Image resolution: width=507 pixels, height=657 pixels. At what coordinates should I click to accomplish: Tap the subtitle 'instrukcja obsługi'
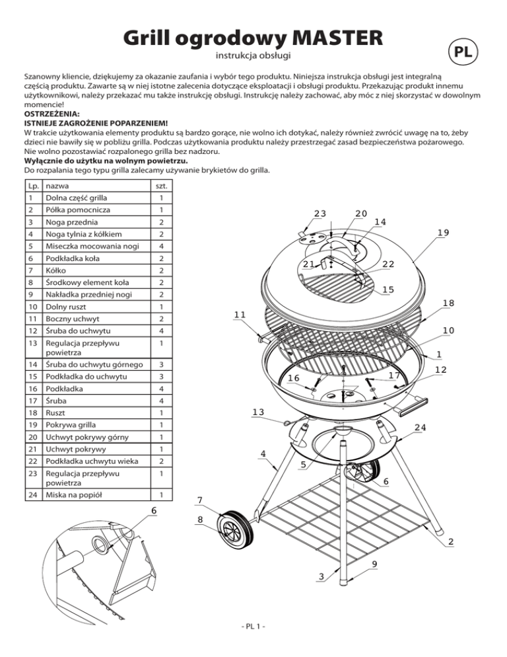pyautogui.click(x=254, y=56)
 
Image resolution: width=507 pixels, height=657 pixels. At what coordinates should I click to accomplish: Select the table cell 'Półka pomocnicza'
pyautogui.click(x=75, y=210)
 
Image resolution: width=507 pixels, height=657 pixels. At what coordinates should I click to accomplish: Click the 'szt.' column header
pyautogui.click(x=156, y=186)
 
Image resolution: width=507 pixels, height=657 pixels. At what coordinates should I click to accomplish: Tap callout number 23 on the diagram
pyautogui.click(x=320, y=213)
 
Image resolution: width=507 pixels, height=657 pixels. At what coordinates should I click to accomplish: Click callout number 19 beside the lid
pyautogui.click(x=443, y=232)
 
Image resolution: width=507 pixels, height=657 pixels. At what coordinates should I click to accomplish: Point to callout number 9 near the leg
pyautogui.click(x=374, y=563)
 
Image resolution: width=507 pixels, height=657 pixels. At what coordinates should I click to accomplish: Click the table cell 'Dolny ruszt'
pyautogui.click(x=66, y=308)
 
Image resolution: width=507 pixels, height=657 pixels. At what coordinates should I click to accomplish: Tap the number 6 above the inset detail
pyautogui.click(x=153, y=511)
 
